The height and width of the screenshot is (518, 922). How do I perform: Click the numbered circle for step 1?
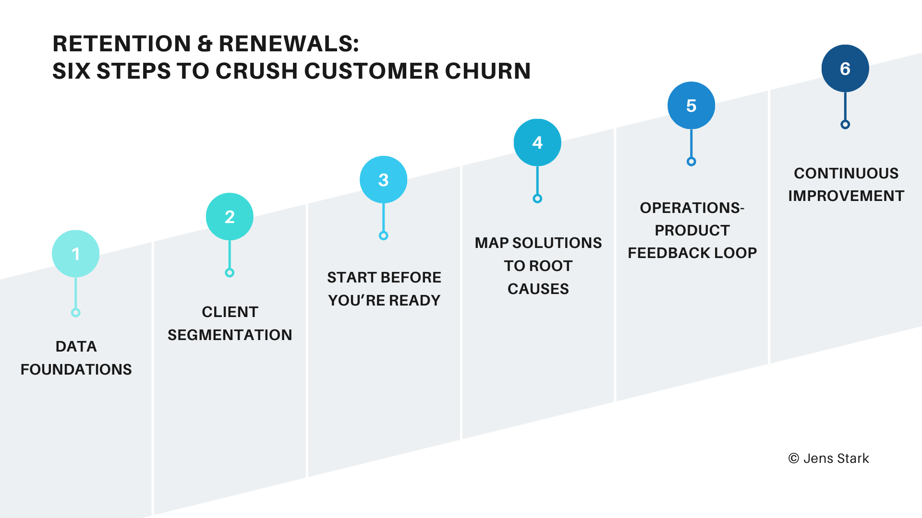click(76, 254)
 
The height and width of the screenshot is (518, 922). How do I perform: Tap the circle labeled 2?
click(230, 217)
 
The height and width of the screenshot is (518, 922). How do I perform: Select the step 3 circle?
click(383, 180)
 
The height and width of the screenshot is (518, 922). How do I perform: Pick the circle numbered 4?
click(537, 142)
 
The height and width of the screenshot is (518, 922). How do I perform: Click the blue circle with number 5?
click(691, 106)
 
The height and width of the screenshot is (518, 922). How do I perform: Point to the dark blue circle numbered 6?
click(845, 69)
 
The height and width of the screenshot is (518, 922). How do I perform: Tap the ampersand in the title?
click(205, 44)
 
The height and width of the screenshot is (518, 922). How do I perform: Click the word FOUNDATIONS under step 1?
click(76, 369)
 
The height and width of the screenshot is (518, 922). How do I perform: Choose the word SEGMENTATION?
click(230, 335)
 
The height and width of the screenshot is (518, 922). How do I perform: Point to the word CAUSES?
click(538, 289)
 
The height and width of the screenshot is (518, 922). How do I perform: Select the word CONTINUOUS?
click(846, 173)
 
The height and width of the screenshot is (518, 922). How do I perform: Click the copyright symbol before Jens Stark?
click(794, 459)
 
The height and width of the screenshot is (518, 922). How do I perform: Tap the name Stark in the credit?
click(853, 459)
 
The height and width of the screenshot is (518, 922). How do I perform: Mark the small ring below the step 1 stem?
click(75, 313)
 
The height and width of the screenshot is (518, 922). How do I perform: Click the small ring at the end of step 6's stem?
click(845, 125)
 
